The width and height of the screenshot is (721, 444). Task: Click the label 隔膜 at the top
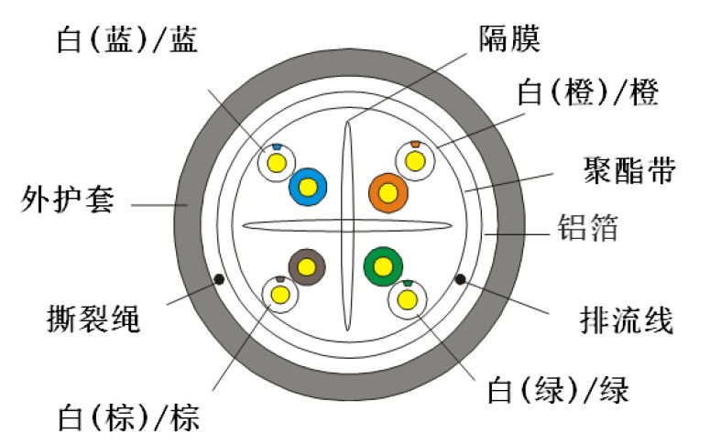pos(510,38)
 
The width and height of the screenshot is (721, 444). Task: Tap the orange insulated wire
pos(388,192)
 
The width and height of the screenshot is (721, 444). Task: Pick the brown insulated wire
pos(305,266)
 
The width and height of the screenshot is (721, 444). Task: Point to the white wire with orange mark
pos(412,161)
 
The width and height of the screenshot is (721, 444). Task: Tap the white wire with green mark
pos(406,298)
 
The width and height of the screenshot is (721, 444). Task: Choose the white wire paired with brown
pos(279,294)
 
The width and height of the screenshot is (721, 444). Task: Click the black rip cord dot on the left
pos(218,279)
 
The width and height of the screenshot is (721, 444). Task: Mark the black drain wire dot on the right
pos(460,279)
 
